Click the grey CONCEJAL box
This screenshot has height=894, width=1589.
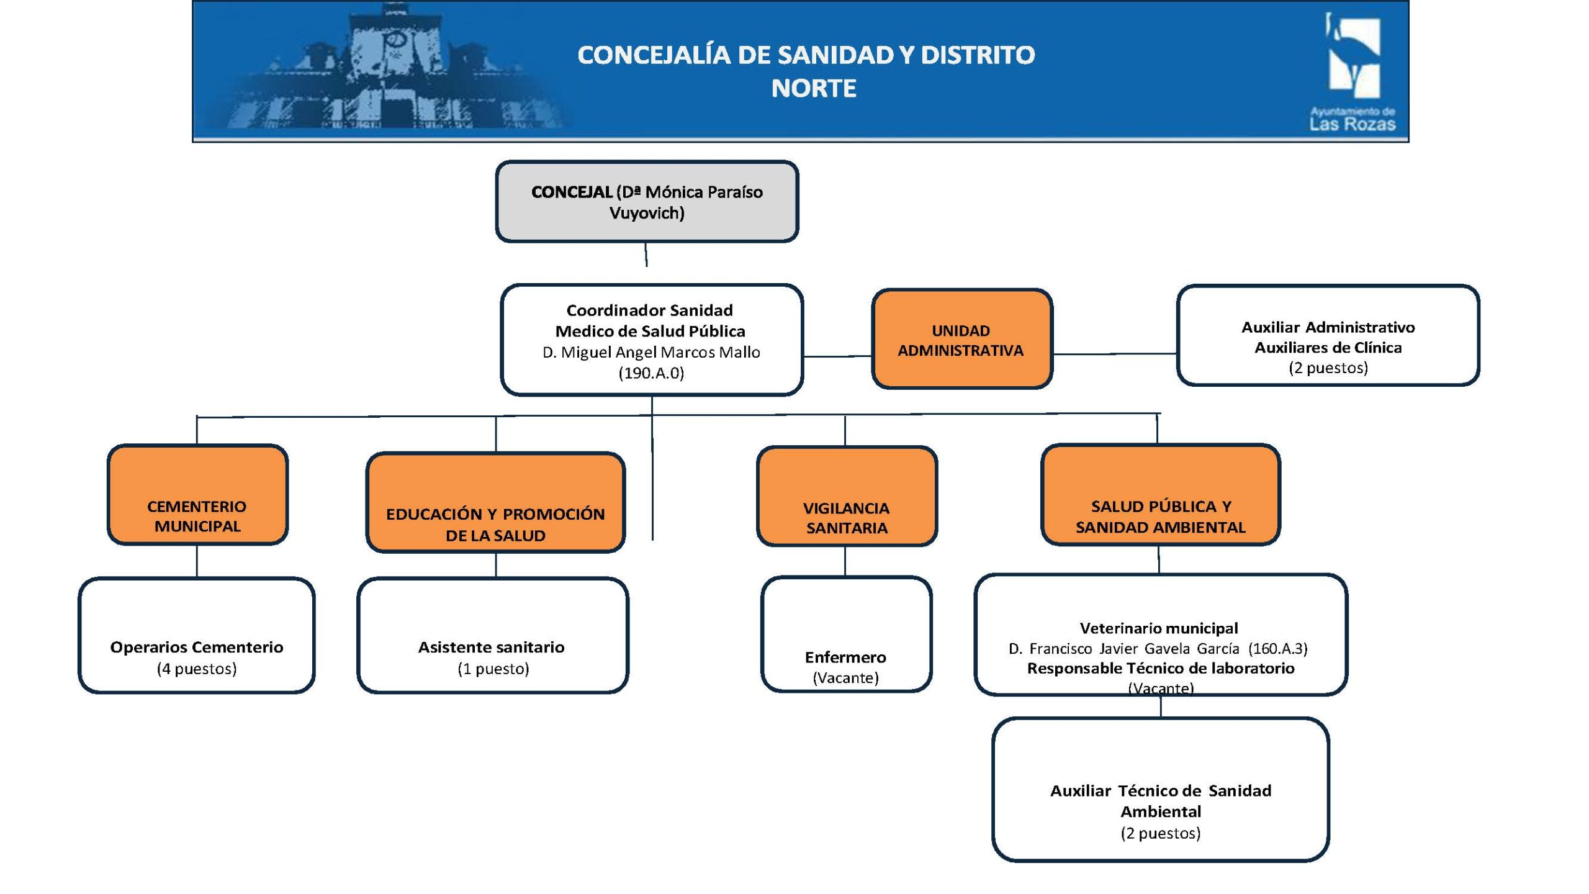click(647, 202)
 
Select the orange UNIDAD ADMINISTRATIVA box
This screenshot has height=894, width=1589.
click(961, 340)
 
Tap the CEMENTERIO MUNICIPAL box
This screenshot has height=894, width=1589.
click(197, 495)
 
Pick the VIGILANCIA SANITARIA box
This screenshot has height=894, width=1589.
click(847, 496)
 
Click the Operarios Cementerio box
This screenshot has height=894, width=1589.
click(196, 635)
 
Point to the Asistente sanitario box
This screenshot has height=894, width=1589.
click(493, 635)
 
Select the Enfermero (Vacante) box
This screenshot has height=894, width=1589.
click(846, 634)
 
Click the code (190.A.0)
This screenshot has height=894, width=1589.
click(651, 373)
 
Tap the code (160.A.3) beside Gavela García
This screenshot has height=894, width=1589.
click(1279, 649)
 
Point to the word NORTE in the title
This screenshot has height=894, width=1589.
click(814, 89)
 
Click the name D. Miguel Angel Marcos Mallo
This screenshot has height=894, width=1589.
click(651, 353)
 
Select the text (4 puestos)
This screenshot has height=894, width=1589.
click(197, 669)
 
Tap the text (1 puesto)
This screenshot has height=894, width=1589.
click(493, 669)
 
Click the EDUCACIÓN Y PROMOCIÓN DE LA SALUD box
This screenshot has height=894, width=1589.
click(495, 503)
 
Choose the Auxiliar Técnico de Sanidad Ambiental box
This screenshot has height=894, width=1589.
click(1160, 790)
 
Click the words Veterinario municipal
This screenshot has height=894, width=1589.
click(1159, 628)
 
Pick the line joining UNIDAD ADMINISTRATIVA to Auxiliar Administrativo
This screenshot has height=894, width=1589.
click(1115, 354)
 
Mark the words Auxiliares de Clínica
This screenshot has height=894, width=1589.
click(1328, 348)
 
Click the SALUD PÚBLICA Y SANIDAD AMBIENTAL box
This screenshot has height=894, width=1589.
click(1161, 495)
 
